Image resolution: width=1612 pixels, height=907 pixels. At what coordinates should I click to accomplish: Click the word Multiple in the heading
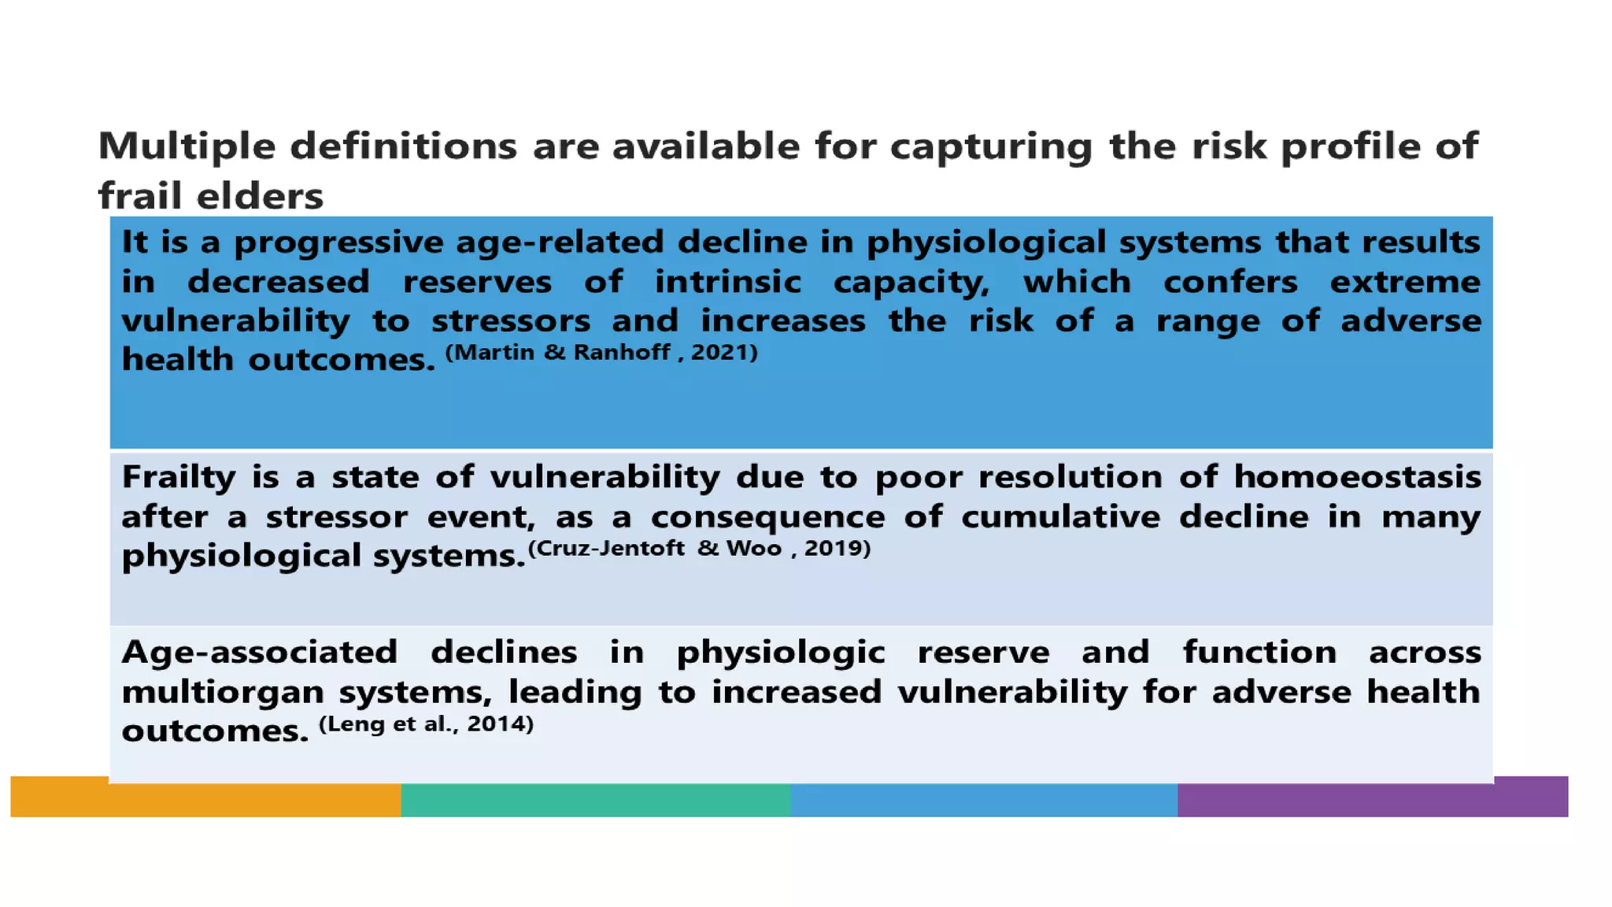coord(187,147)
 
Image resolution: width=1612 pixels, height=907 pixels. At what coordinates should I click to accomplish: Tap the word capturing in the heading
coord(991,147)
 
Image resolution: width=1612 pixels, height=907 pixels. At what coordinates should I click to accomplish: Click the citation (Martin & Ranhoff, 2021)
coord(601,352)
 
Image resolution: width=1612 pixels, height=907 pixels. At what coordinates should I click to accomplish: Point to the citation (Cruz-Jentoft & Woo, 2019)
coord(699,548)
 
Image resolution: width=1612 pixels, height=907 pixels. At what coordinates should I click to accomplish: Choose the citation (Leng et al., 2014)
coord(426,724)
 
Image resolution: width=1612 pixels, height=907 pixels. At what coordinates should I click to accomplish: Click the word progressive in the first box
coord(338,242)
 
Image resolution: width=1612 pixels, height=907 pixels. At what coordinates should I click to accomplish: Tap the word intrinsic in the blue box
coord(728,282)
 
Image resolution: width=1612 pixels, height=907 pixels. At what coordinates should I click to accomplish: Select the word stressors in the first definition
coord(511,321)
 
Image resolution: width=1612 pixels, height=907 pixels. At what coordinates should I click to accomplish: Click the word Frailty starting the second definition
coord(179,478)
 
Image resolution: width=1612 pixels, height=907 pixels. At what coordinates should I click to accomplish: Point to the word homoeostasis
coord(1356,477)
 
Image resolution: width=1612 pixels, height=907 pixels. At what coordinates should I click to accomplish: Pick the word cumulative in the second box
coord(1060,517)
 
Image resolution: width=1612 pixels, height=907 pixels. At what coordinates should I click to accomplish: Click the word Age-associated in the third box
coord(260,653)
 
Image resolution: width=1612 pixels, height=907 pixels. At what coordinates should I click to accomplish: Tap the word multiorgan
coord(223,692)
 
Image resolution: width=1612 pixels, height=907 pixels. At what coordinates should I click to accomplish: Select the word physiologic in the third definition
coord(780,653)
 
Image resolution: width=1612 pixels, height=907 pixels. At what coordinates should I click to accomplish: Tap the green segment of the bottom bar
coord(595,800)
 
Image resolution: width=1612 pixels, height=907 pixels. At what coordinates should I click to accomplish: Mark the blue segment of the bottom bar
coord(984,800)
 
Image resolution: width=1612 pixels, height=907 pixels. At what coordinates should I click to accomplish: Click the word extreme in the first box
coord(1405,282)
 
